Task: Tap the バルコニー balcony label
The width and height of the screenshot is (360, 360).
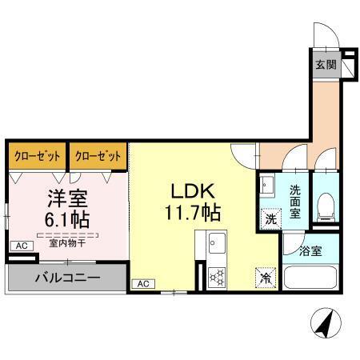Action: pos(66,278)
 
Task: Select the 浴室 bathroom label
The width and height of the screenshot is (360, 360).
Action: pos(311,251)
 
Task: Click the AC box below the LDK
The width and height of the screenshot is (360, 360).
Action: pos(142,284)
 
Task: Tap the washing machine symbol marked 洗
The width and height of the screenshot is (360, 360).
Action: pos(270,217)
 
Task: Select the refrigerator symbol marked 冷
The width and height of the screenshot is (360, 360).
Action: pos(264,277)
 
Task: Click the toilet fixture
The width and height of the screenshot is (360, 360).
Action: pos(325,207)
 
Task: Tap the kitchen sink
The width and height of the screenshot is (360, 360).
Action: pos(217,242)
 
